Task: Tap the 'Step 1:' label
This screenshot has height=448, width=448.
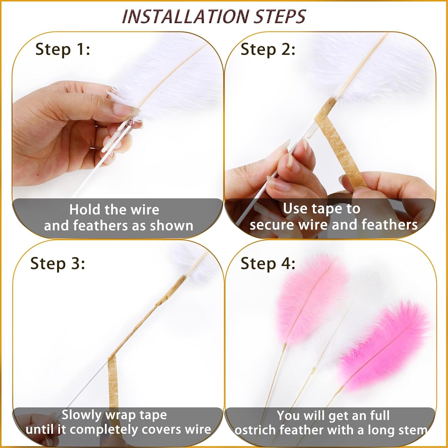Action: (63, 49)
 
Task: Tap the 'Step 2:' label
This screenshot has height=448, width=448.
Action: (268, 49)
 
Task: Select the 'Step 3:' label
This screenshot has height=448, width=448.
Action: (58, 264)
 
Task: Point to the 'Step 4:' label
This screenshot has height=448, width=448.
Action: (268, 264)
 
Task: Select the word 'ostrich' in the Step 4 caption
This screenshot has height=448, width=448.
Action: (255, 430)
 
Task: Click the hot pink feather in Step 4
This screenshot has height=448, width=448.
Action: (384, 344)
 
